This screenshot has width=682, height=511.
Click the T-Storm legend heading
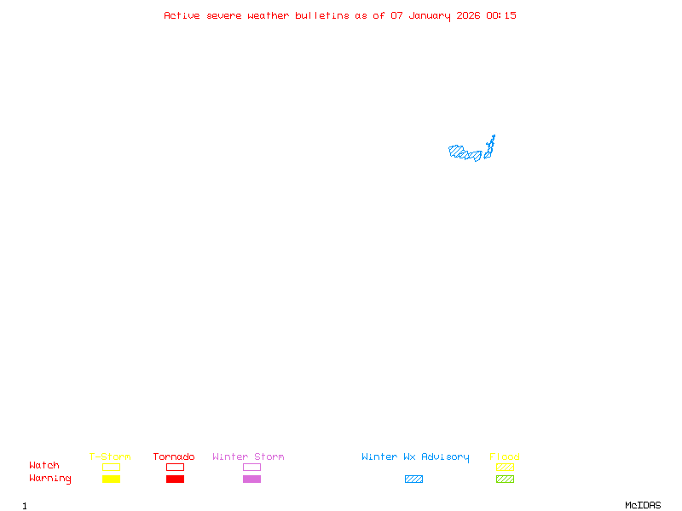pyautogui.click(x=110, y=457)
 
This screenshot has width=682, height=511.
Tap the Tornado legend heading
pyautogui.click(x=174, y=457)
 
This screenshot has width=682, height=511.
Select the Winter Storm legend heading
pyautogui.click(x=248, y=457)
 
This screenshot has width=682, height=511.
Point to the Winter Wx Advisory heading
pyautogui.click(x=415, y=457)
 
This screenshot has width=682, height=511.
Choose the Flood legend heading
pyautogui.click(x=505, y=457)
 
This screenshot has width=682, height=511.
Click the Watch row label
pyautogui.click(x=44, y=466)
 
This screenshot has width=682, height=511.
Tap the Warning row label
pyautogui.click(x=50, y=479)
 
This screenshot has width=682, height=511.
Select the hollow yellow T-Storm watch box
pyautogui.click(x=111, y=467)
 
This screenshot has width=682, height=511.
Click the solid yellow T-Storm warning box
pyautogui.click(x=111, y=479)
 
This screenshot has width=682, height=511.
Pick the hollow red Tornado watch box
pyautogui.click(x=175, y=467)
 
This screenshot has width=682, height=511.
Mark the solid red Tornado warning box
pyautogui.click(x=175, y=479)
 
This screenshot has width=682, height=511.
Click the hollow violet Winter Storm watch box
pyautogui.click(x=251, y=467)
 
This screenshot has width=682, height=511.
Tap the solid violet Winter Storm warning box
pyautogui.click(x=251, y=479)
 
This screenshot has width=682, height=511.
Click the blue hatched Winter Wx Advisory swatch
pyautogui.click(x=413, y=479)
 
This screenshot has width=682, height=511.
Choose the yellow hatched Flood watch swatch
pyautogui.click(x=505, y=467)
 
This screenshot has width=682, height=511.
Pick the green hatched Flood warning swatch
pyautogui.click(x=505, y=479)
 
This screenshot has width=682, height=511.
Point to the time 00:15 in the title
pyautogui.click(x=501, y=15)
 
